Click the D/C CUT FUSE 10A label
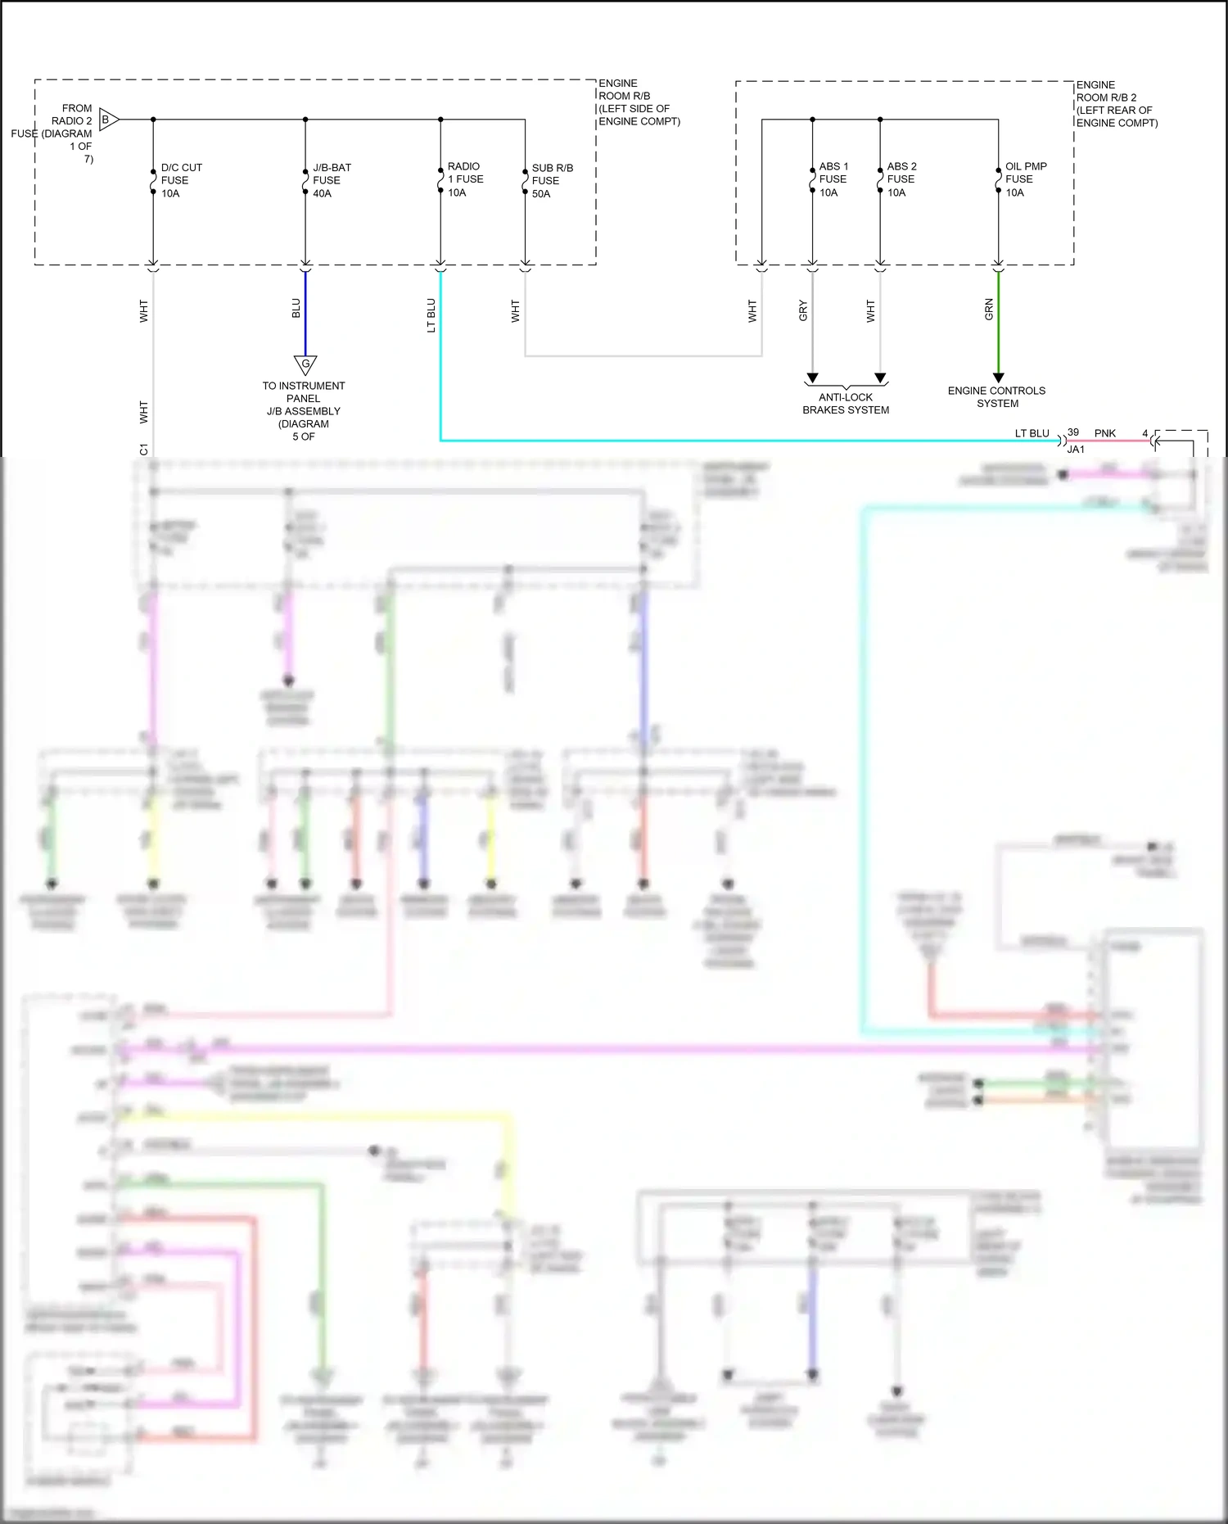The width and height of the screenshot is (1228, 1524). (180, 180)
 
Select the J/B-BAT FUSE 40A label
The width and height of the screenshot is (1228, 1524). (331, 180)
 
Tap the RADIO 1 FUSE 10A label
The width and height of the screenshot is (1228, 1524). (464, 179)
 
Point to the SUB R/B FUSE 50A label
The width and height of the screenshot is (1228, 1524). (551, 181)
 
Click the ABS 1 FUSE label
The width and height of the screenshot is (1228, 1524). (833, 179)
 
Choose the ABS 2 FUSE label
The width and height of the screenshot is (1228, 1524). (901, 179)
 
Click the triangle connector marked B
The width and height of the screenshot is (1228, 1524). (108, 120)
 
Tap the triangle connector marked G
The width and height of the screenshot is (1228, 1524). (305, 364)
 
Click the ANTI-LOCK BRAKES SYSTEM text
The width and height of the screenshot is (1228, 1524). (846, 404)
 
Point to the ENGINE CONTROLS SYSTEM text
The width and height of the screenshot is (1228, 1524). (996, 397)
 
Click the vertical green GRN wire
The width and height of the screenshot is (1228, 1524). (998, 323)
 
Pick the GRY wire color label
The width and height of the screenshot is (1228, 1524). (803, 310)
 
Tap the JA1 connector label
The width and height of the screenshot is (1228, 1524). (1076, 450)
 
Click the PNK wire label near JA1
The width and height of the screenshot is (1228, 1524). (1105, 433)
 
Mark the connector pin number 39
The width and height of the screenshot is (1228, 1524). (1073, 432)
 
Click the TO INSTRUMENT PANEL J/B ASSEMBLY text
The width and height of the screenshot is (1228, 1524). (303, 411)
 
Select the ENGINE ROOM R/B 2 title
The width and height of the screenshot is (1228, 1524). (1116, 103)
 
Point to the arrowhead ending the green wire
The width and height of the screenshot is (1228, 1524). (998, 378)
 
